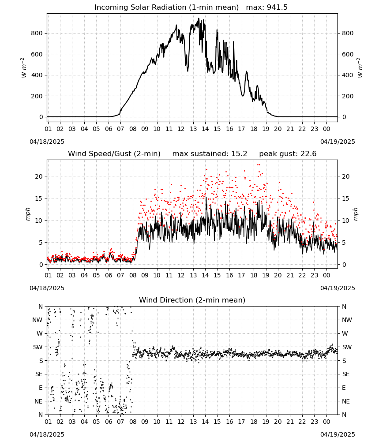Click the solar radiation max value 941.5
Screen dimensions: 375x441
277,7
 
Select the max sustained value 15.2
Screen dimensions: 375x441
239,154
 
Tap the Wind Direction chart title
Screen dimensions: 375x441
192,300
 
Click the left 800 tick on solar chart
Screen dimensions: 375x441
37,33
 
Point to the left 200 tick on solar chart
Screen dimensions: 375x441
37,96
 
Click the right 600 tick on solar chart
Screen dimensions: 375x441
348,54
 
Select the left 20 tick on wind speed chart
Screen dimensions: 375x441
39,177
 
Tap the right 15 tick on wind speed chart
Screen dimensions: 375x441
345,198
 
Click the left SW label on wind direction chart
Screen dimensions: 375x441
38,348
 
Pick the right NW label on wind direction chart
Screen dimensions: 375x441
347,320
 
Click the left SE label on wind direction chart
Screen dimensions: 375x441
39,374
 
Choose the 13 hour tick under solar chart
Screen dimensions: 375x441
193,129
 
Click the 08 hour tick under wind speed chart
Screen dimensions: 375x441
133,275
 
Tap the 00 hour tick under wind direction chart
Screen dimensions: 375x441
326,422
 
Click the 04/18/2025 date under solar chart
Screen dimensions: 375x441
47,142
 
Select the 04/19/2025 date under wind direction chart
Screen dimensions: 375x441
337,434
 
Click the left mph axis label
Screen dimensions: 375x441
27,214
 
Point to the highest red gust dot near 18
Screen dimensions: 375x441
259,165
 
